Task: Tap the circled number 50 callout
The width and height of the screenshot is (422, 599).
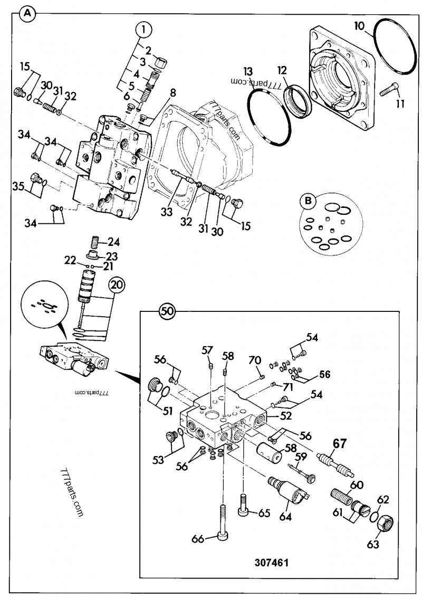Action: (167, 311)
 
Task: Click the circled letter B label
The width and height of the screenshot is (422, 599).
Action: (307, 201)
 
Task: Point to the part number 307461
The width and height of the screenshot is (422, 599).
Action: (272, 562)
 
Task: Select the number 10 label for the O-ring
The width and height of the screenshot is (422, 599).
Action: (359, 25)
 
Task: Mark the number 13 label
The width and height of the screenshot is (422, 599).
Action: (248, 71)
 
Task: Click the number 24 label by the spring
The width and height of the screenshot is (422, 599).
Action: (114, 243)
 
